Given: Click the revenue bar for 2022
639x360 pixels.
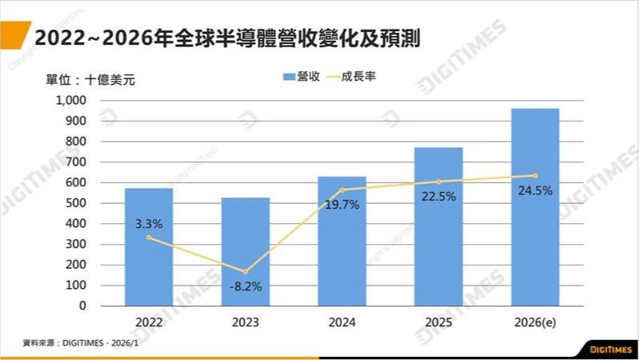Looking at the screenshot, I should (x=148, y=264).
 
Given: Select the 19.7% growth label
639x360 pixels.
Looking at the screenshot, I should (x=343, y=205).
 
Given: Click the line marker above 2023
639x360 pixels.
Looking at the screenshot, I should (x=245, y=272).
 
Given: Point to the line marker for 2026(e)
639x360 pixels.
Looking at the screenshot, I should (x=535, y=176).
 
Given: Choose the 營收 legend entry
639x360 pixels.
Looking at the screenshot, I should (x=302, y=77).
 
